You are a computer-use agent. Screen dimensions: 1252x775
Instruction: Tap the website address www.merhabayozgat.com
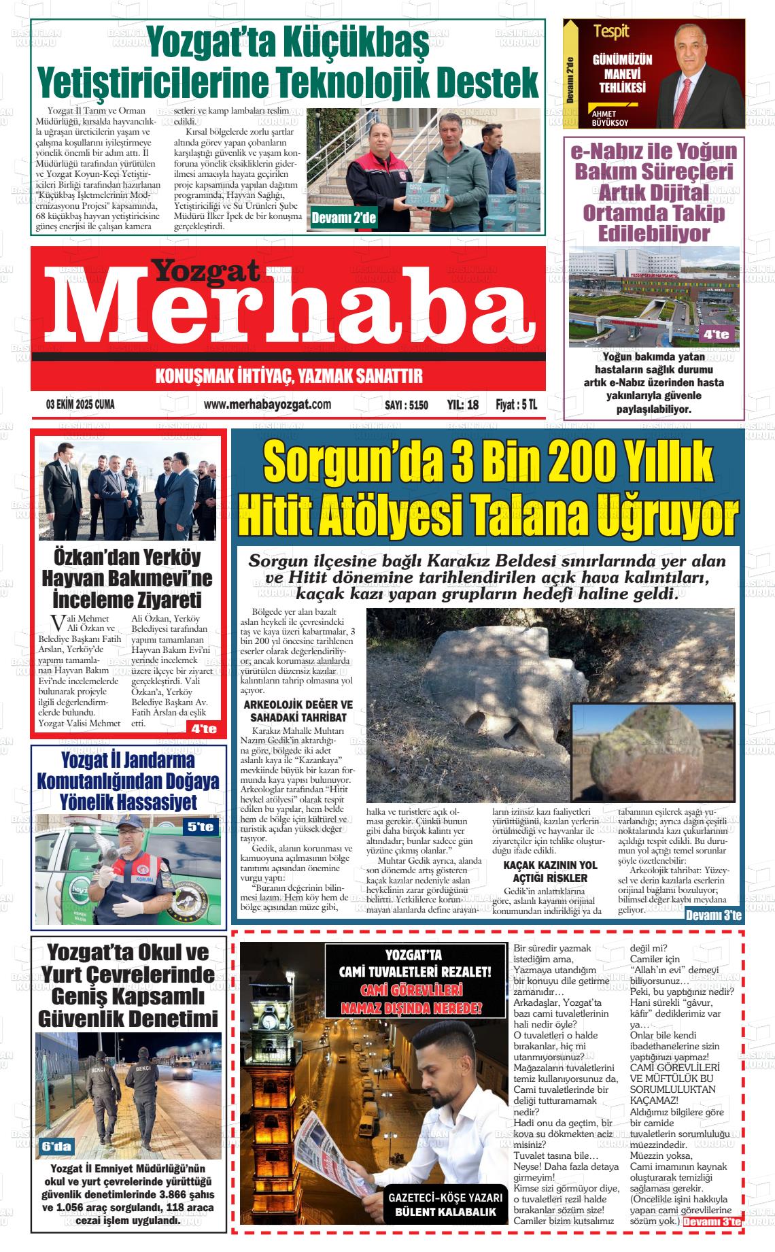point(267,405)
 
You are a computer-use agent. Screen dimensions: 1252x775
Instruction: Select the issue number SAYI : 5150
point(406,405)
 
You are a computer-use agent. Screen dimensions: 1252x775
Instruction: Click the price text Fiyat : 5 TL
point(516,405)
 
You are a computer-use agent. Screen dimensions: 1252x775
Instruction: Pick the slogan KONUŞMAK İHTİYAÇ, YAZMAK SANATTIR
point(289,375)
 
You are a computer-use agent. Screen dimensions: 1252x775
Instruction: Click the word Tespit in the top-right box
point(611,31)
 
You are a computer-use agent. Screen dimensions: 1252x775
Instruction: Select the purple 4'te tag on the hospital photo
point(716,334)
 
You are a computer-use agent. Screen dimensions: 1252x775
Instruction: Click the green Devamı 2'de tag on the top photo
point(343,218)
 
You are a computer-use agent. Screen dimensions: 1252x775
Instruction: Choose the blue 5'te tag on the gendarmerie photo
point(201,827)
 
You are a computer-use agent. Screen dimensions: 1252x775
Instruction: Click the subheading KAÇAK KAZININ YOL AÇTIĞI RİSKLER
point(550,872)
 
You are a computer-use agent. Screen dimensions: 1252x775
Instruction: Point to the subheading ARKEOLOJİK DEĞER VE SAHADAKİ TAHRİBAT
point(298,711)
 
